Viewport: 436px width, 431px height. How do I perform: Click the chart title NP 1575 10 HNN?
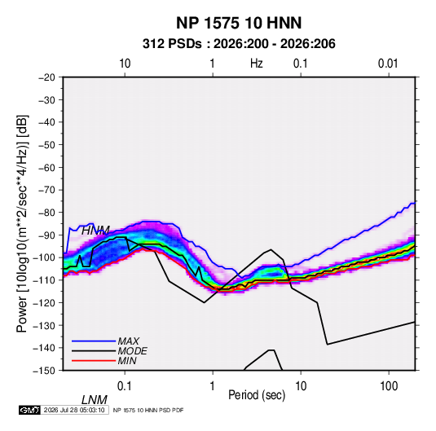click(x=239, y=23)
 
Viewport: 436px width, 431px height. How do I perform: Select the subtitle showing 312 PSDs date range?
click(x=239, y=44)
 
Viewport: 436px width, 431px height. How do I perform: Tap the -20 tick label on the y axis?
click(x=46, y=77)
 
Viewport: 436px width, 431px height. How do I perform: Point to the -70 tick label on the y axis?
click(x=46, y=190)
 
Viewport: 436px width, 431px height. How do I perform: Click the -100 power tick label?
click(x=45, y=257)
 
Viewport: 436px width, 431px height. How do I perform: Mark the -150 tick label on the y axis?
click(x=45, y=371)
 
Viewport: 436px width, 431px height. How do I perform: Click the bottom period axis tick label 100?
click(x=389, y=386)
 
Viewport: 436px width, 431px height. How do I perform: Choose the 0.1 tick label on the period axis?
click(x=125, y=386)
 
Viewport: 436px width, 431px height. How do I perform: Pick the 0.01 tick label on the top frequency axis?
click(x=388, y=64)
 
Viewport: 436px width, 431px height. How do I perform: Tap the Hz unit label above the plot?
click(x=257, y=64)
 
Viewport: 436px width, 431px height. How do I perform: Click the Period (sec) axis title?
click(x=257, y=395)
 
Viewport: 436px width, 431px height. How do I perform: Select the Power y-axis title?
click(x=22, y=223)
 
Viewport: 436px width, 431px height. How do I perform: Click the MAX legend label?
click(x=129, y=341)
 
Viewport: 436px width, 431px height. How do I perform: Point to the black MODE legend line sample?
click(x=94, y=351)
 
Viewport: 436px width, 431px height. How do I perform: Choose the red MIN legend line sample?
click(x=94, y=361)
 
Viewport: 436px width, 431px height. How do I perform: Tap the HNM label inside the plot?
click(x=95, y=231)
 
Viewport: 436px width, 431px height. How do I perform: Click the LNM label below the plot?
click(x=95, y=400)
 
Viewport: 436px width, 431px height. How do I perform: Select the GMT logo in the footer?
click(x=29, y=410)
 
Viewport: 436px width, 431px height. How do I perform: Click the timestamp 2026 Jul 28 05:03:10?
click(x=74, y=410)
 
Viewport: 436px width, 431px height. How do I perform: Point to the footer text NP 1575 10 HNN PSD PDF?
click(x=148, y=410)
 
